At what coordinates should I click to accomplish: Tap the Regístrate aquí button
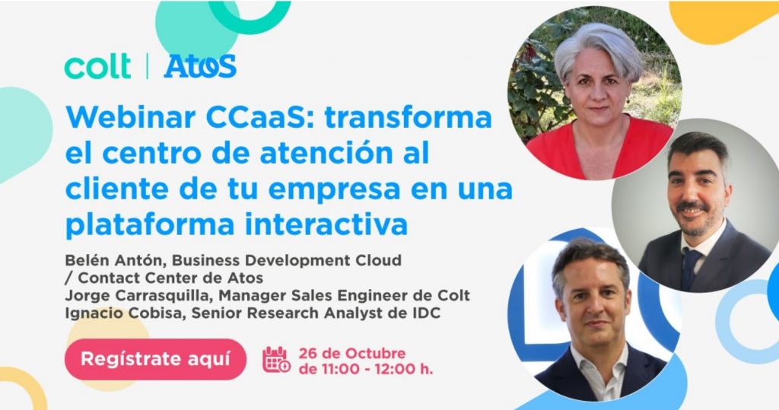155,359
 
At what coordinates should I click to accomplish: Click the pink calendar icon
276,359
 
